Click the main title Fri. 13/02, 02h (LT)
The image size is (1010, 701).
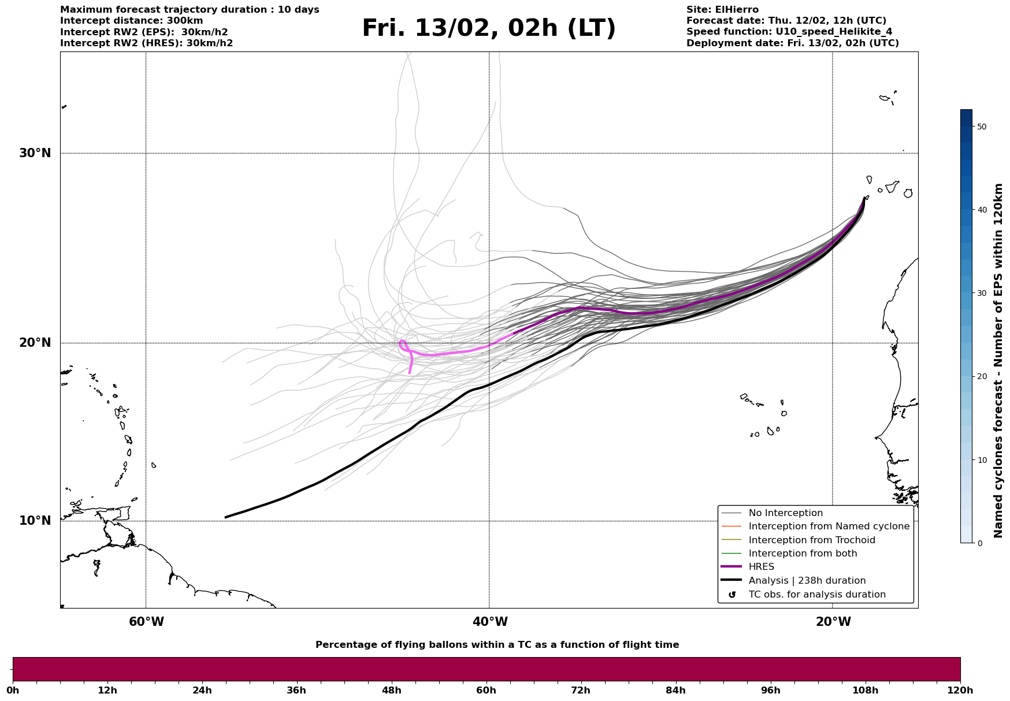tap(489, 28)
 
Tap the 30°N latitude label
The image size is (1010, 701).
tap(35, 153)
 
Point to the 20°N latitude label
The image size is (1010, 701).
tap(35, 343)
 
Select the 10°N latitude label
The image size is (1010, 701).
tap(35, 521)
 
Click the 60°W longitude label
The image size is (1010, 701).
tap(146, 622)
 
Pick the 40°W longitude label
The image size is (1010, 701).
tap(490, 622)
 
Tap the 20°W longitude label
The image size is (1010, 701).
tap(833, 622)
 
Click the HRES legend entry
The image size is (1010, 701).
tap(761, 567)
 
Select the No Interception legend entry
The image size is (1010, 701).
tap(785, 513)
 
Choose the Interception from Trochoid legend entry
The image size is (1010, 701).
tap(811, 540)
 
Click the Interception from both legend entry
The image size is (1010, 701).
tap(803, 554)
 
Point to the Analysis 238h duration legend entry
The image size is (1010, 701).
tap(807, 581)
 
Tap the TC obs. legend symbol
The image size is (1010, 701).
tap(732, 595)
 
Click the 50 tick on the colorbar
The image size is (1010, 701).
tap(981, 127)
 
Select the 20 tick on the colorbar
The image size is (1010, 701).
tap(981, 377)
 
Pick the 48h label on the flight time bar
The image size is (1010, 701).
tap(391, 690)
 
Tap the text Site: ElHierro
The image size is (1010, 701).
tap(722, 10)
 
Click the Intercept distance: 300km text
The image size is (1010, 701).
tap(132, 21)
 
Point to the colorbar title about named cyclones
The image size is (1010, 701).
tap(998, 361)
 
